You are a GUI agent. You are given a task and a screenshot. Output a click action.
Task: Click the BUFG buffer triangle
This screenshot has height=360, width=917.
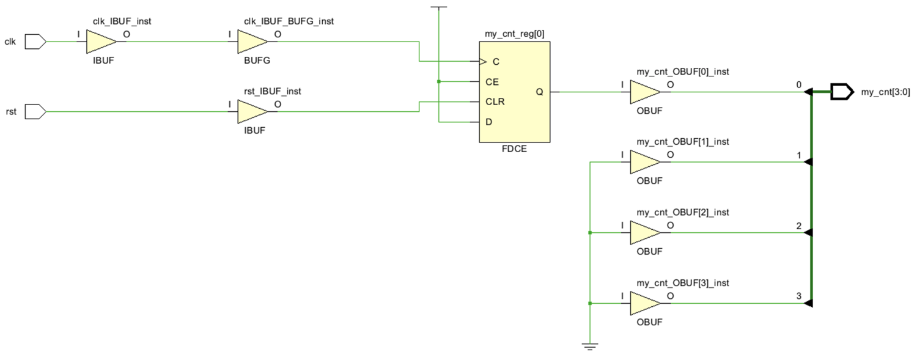(251, 42)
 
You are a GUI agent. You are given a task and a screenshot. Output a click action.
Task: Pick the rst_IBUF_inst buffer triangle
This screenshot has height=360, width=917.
(251, 112)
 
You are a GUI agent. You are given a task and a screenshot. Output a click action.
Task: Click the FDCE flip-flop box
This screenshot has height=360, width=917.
(514, 92)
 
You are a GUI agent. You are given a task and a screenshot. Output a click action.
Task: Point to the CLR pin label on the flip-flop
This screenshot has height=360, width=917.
(495, 101)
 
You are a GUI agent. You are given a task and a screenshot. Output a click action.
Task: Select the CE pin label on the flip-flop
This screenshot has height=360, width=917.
(492, 81)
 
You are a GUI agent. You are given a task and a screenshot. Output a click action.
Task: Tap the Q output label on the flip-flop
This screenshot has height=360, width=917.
(539, 92)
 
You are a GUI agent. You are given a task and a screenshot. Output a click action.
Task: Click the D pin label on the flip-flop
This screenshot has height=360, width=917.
(488, 122)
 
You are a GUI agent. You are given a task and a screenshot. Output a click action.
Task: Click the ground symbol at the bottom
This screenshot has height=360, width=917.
(589, 347)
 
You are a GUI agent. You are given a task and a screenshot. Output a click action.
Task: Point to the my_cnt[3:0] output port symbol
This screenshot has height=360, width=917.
(842, 92)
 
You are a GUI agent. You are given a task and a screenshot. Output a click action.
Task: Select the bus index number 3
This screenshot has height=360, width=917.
(798, 296)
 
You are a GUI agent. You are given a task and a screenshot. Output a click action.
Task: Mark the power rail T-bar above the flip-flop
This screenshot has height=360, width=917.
(439, 7)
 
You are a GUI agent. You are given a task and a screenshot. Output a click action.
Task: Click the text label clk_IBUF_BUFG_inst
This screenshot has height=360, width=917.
(289, 21)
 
